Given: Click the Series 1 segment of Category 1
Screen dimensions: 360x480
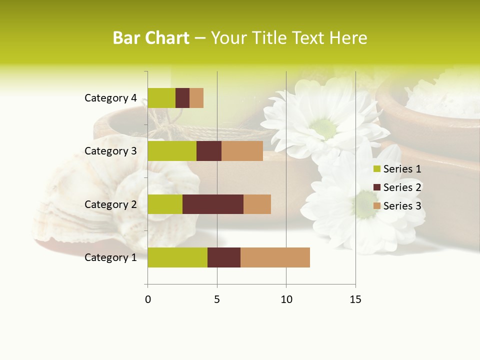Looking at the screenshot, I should click(x=177, y=257).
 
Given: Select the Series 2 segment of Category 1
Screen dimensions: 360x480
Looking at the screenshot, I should click(x=224, y=257).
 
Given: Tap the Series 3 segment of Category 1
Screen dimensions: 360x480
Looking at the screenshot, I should click(x=275, y=257).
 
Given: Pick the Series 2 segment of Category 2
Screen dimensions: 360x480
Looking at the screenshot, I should click(x=213, y=204).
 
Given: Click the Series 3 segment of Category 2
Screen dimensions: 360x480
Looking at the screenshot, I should click(x=257, y=204).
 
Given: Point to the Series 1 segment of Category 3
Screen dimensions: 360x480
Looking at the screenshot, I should click(x=172, y=151).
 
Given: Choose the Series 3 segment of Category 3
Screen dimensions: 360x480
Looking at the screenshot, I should click(x=242, y=151).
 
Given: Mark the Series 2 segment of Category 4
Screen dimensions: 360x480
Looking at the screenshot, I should click(x=182, y=98).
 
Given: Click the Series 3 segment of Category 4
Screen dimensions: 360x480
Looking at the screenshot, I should click(x=196, y=98).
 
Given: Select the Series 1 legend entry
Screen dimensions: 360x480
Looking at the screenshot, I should click(x=397, y=169).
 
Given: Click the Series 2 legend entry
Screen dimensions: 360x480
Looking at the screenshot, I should click(x=397, y=187).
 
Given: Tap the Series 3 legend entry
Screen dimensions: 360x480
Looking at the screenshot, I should click(x=397, y=206).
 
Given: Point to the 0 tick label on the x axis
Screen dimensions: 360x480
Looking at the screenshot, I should click(x=147, y=299).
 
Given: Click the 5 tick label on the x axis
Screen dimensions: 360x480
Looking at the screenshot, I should click(x=217, y=299).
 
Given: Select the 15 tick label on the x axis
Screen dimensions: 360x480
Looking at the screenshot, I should click(x=355, y=299).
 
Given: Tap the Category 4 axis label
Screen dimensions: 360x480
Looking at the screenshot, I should click(x=110, y=98).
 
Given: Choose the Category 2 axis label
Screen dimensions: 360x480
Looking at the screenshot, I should click(x=110, y=204).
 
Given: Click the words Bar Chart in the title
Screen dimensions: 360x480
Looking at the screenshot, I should click(x=151, y=38).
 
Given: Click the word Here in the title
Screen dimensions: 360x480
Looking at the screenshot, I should click(x=349, y=38).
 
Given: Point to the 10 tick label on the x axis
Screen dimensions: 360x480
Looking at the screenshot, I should click(x=286, y=299).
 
